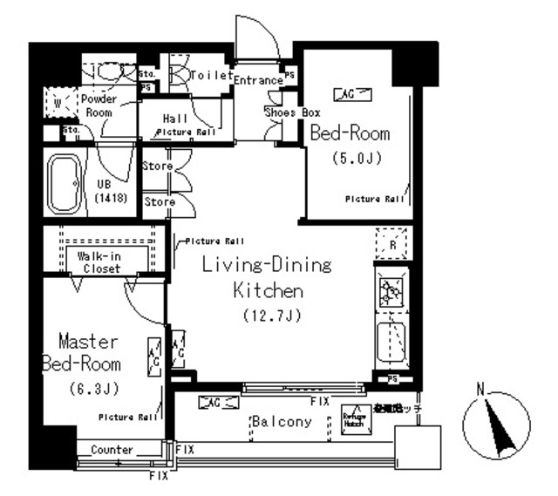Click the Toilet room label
210,76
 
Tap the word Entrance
258,80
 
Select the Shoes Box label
293,112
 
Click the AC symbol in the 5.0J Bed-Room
352,93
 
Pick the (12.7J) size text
267,316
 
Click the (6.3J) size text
91,388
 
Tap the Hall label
174,118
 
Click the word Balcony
282,422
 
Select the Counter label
112,450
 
